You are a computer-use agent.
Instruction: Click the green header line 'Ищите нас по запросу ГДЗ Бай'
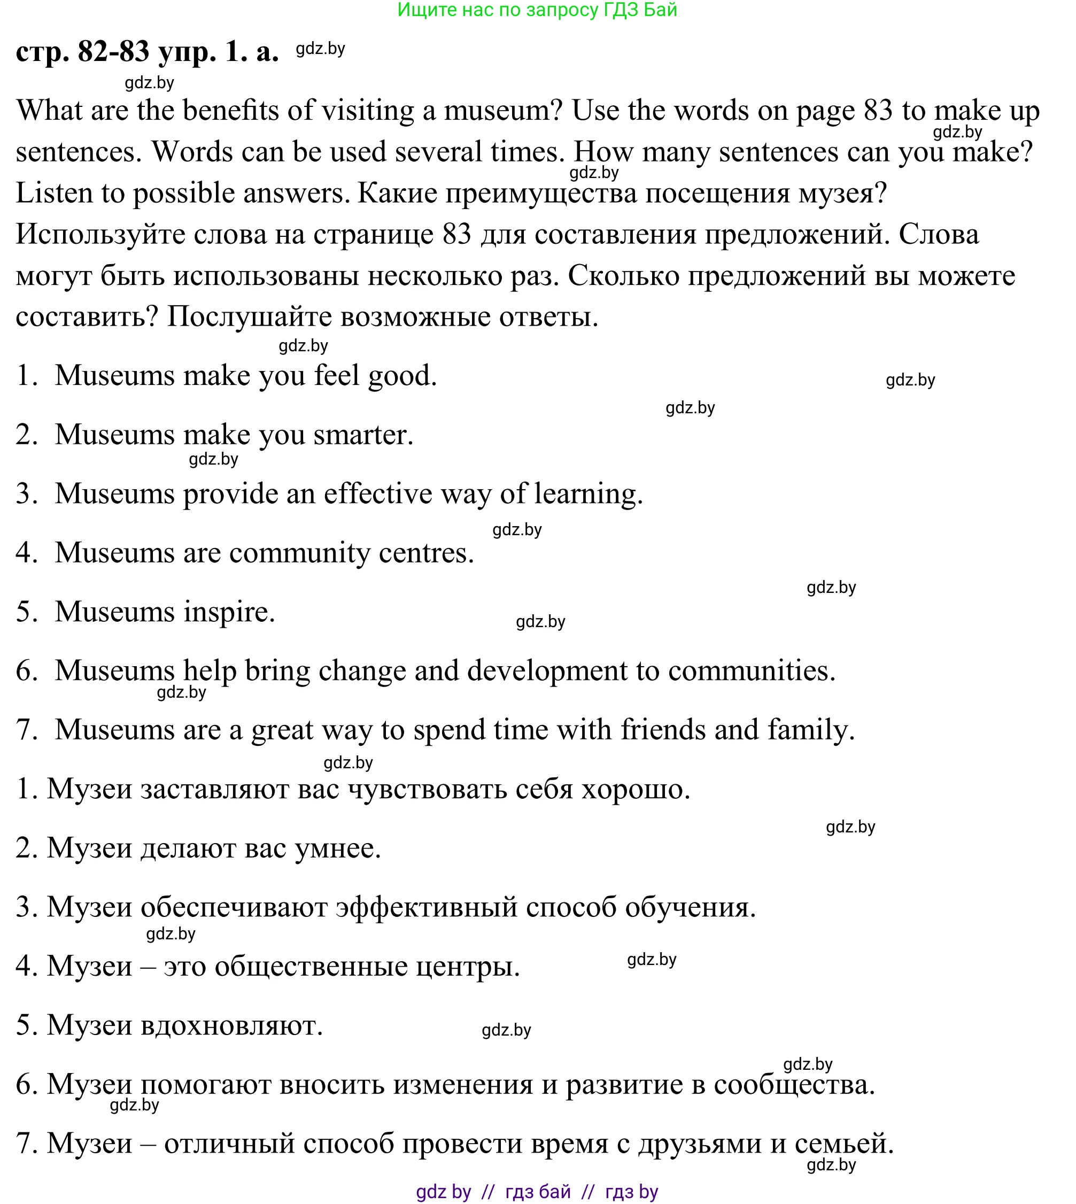[x=537, y=10]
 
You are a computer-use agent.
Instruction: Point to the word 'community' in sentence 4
[x=299, y=553]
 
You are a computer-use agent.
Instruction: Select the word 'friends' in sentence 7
[x=662, y=730]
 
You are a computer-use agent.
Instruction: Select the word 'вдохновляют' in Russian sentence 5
[x=231, y=1025]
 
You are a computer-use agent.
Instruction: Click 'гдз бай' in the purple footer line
[x=537, y=1191]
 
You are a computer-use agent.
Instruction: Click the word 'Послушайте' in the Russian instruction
[x=249, y=317]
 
